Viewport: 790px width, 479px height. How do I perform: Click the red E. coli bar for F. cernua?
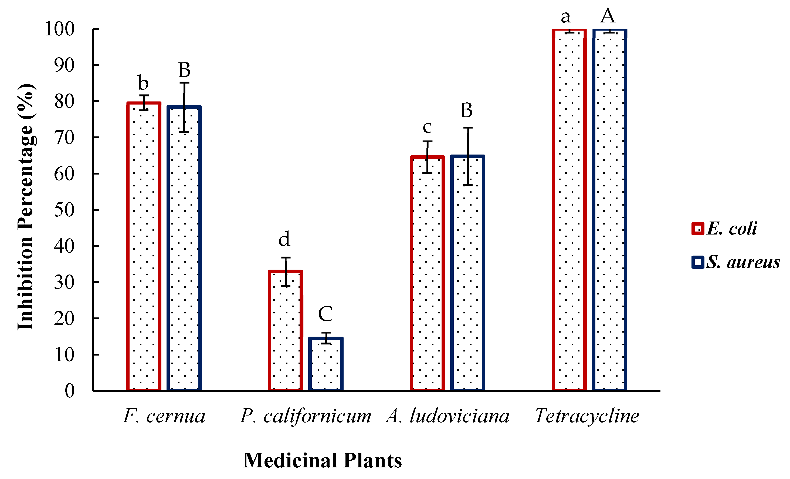pyautogui.click(x=144, y=247)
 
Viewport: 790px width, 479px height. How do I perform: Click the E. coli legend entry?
pyautogui.click(x=725, y=229)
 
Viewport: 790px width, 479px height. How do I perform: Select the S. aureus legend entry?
pyautogui.click(x=736, y=262)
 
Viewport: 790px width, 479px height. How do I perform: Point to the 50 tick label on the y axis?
pyautogui.click(x=64, y=210)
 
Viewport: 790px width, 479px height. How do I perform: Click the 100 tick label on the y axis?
pyautogui.click(x=60, y=29)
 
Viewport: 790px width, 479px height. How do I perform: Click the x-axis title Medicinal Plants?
pyautogui.click(x=323, y=461)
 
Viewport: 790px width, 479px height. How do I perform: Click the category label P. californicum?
pyautogui.click(x=306, y=416)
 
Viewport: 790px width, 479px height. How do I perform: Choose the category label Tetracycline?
pyautogui.click(x=587, y=416)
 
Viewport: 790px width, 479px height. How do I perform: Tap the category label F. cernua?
pyautogui.click(x=164, y=416)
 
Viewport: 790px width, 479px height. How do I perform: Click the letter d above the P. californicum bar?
pyautogui.click(x=284, y=239)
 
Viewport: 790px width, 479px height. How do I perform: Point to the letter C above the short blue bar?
pyautogui.click(x=326, y=313)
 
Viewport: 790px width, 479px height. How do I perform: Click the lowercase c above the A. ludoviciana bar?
pyautogui.click(x=427, y=127)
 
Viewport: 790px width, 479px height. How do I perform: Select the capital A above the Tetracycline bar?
pyautogui.click(x=608, y=16)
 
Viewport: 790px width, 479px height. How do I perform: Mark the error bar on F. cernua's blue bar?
pyautogui.click(x=184, y=107)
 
